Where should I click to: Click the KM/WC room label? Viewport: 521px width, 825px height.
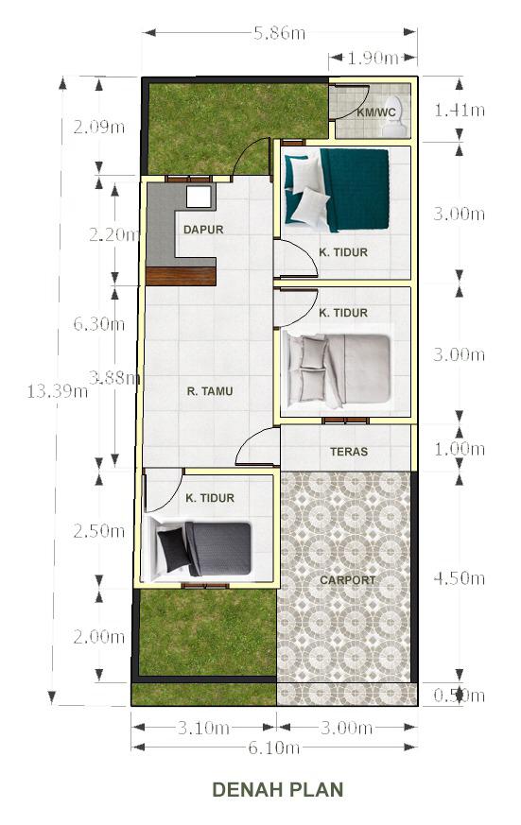(375, 112)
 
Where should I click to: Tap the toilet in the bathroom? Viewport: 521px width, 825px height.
(394, 115)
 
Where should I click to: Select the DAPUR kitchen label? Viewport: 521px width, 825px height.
(203, 230)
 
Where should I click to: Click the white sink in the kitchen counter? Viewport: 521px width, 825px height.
(200, 197)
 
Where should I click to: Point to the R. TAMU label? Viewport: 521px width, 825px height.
(210, 391)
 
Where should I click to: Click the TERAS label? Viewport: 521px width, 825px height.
(349, 452)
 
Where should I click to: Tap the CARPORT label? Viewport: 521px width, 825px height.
(347, 580)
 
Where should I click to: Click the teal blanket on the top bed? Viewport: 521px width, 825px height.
(356, 189)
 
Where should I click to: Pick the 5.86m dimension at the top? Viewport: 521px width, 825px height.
(280, 33)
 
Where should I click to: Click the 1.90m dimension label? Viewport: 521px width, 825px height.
(373, 58)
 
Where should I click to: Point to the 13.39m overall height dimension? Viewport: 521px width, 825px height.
(58, 391)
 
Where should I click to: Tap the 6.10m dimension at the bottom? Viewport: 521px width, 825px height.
(274, 748)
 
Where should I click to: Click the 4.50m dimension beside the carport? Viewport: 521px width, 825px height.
(459, 578)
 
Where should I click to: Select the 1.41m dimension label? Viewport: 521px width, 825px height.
(459, 110)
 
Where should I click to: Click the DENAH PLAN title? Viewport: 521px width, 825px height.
(278, 789)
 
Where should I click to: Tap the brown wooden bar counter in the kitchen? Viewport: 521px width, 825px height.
(181, 276)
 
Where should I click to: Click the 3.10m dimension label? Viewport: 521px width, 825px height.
(203, 728)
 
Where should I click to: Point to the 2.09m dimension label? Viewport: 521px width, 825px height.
(99, 127)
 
